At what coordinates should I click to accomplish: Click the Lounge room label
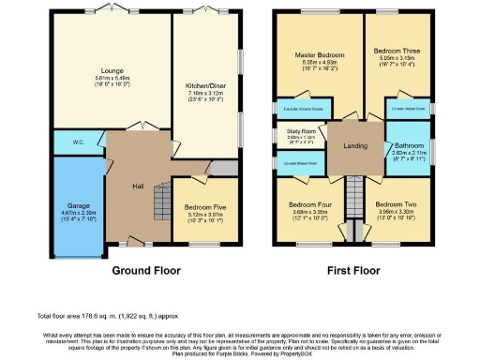point(112,70)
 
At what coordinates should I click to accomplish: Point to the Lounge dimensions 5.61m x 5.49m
point(112,78)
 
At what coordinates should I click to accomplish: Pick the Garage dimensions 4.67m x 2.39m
point(77,215)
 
